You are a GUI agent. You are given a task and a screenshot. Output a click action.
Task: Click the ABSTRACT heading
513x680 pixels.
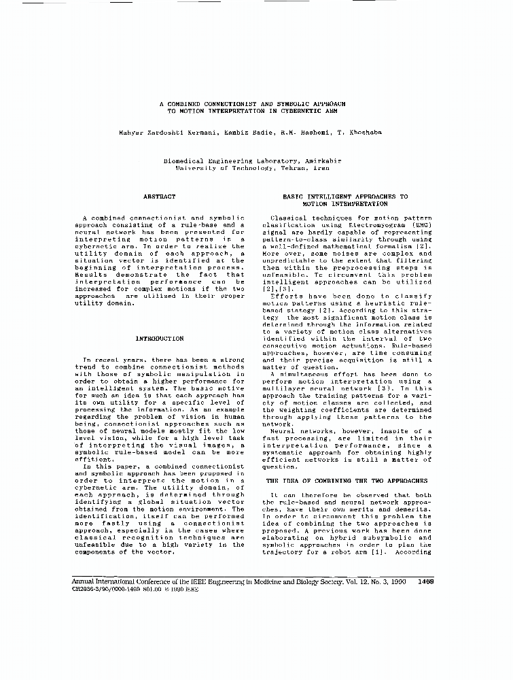click(x=159, y=197)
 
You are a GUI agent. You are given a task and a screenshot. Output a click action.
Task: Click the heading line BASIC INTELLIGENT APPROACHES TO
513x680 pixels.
click(x=345, y=197)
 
